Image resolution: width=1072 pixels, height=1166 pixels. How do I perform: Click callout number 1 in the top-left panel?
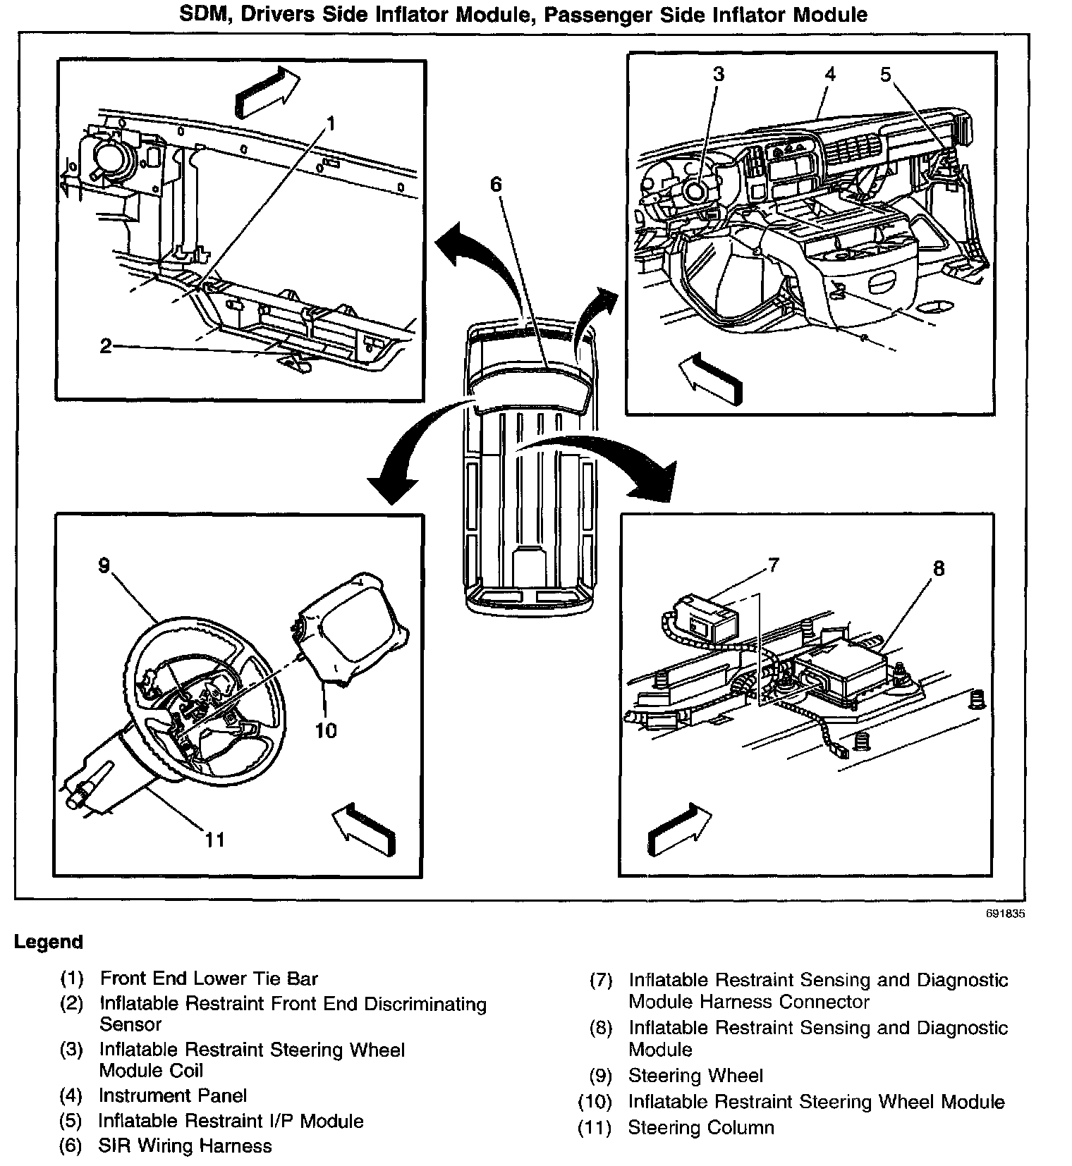(330, 124)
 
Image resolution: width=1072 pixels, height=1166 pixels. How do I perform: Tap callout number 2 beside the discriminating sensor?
(106, 346)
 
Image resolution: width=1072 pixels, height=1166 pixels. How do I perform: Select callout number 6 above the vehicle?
(496, 185)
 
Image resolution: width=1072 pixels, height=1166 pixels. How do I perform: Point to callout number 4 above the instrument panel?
(830, 74)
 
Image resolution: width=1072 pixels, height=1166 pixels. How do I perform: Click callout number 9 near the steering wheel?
(104, 565)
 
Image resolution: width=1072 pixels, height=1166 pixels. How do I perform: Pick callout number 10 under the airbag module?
(326, 730)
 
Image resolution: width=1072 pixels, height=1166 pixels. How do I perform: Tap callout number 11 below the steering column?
(214, 839)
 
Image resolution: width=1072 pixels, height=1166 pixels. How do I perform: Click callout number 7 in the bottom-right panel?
(774, 565)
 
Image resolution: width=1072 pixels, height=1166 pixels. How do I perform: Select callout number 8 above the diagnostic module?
(938, 568)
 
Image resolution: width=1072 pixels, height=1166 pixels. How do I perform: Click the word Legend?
(49, 942)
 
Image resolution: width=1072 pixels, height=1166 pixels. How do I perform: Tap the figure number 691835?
(1005, 914)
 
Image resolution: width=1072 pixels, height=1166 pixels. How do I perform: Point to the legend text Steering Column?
(701, 1127)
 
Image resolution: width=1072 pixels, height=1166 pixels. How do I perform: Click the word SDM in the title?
(205, 14)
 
